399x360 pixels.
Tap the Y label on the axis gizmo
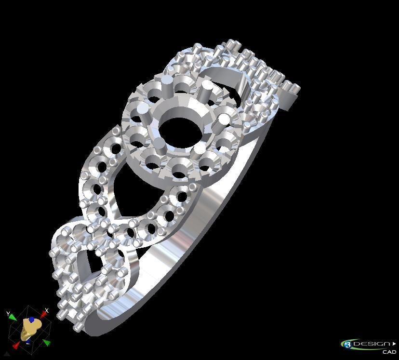(8, 314)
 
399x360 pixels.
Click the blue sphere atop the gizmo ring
(31, 320)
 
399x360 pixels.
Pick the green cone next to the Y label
(13, 318)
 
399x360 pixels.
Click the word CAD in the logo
(389, 352)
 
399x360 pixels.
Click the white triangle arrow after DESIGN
(394, 344)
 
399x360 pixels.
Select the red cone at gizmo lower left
(16, 345)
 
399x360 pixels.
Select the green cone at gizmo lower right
(46, 343)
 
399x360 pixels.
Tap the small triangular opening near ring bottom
(87, 263)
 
